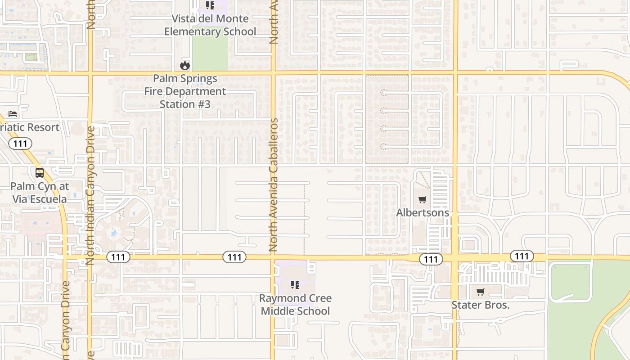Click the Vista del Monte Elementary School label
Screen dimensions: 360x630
(x=210, y=25)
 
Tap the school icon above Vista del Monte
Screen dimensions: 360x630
(x=210, y=5)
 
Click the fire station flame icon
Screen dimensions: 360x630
(x=184, y=65)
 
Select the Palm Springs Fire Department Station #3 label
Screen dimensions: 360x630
(x=185, y=91)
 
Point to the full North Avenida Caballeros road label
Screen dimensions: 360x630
(x=274, y=184)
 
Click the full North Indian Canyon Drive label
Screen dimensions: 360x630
(x=90, y=195)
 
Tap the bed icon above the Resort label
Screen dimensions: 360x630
(x=13, y=114)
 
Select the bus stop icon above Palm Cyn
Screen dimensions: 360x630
(x=40, y=173)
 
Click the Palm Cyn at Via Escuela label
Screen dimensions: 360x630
(x=39, y=193)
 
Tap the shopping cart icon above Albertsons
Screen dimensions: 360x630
(x=422, y=199)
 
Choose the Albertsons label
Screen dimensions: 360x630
(x=423, y=212)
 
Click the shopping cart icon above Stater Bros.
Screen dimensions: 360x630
(x=480, y=292)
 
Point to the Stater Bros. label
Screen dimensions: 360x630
(x=480, y=305)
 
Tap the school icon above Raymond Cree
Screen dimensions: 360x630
(x=295, y=284)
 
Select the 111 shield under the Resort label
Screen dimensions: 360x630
(x=20, y=144)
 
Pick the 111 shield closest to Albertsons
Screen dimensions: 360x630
(x=431, y=259)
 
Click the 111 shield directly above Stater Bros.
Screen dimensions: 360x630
(x=522, y=256)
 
